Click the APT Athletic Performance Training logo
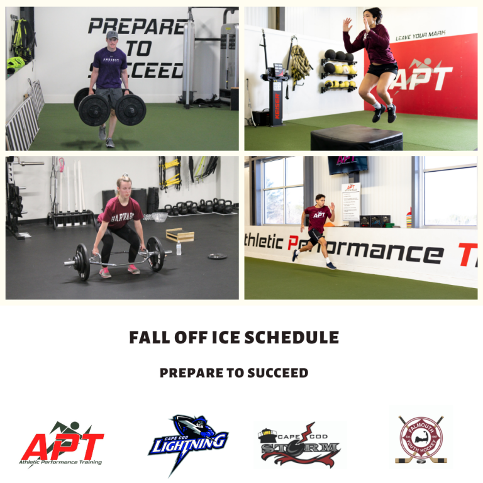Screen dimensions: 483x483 click(62, 444)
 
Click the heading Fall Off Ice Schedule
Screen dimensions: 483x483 click(234, 337)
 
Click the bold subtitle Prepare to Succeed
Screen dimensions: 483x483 click(234, 373)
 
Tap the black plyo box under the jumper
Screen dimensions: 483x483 click(356, 136)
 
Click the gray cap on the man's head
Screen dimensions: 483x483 click(112, 35)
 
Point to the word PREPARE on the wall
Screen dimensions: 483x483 click(135, 26)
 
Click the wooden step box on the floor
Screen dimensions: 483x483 click(179, 235)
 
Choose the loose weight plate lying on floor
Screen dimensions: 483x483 click(217, 256)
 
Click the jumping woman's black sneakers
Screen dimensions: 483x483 click(384, 113)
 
